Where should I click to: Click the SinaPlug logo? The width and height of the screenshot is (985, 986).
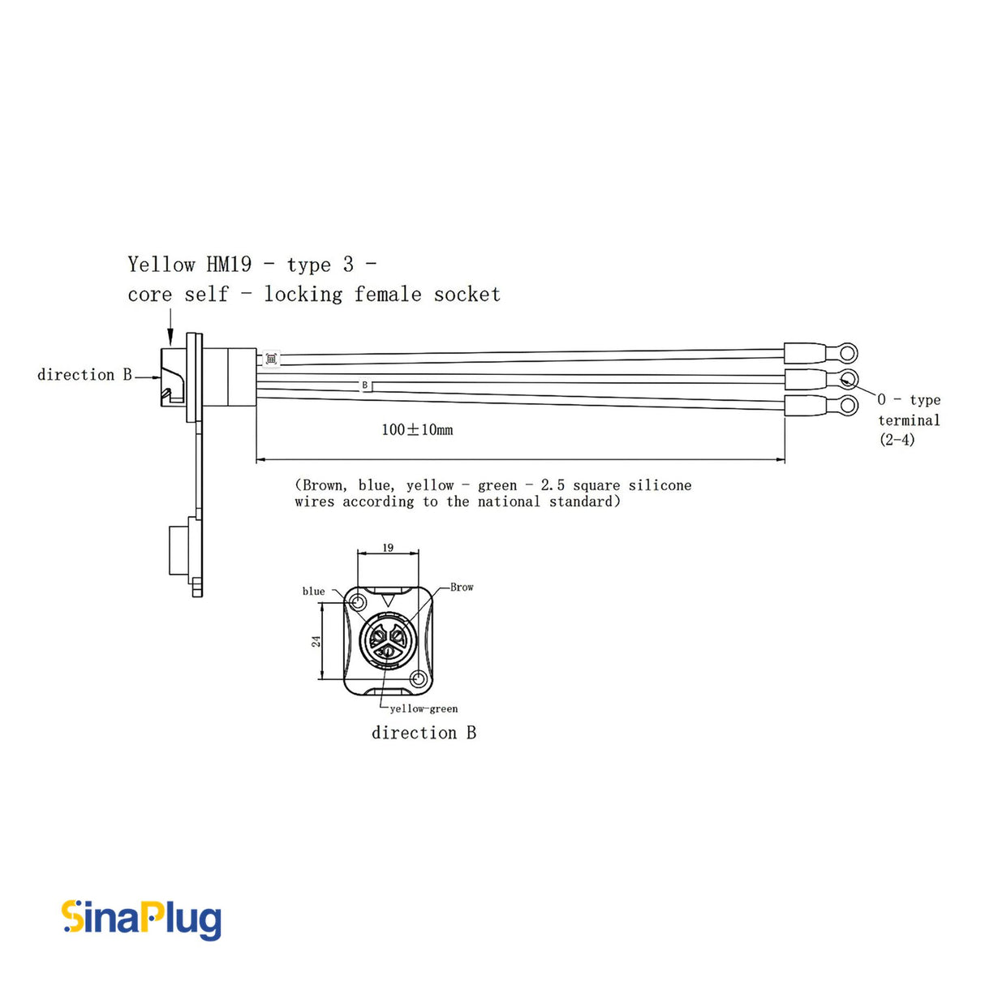tap(141, 919)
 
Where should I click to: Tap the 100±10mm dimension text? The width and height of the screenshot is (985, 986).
tap(417, 430)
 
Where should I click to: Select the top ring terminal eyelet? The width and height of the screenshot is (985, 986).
tap(847, 353)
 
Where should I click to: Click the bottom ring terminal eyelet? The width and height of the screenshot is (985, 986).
tap(847, 406)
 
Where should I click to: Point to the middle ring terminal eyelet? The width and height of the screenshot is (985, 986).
tap(848, 379)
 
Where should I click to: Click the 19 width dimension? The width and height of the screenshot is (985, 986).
tap(388, 548)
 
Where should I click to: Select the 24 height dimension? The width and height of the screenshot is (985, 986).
tap(316, 641)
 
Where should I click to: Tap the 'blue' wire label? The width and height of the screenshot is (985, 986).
tap(313, 592)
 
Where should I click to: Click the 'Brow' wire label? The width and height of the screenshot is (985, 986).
tap(462, 587)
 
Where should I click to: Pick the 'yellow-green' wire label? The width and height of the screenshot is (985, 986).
tap(424, 708)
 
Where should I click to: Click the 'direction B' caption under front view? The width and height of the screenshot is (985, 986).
tap(424, 733)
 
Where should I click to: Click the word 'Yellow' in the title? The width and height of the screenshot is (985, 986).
tap(161, 265)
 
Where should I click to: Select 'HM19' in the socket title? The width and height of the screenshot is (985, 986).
tap(229, 265)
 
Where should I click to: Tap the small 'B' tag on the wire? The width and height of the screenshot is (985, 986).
tap(365, 385)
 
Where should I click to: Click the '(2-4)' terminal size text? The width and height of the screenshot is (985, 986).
tap(897, 440)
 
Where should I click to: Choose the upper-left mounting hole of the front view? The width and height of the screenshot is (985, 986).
tap(357, 603)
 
